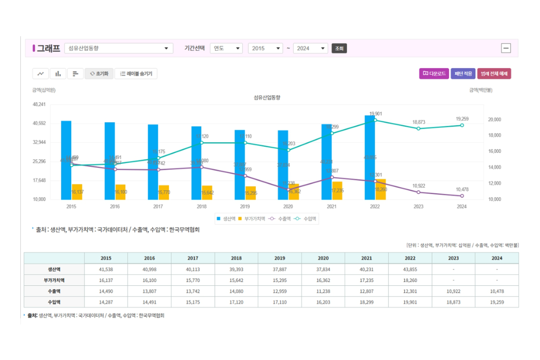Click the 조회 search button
pyautogui.click(x=339, y=48)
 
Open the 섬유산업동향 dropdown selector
pyautogui.click(x=119, y=48)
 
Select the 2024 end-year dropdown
pyautogui.click(x=311, y=48)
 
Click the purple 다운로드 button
pyautogui.click(x=434, y=74)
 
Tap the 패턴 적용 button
pyautogui.click(x=463, y=74)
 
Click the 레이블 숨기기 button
pyautogui.click(x=136, y=74)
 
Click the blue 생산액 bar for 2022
pyautogui.click(x=369, y=157)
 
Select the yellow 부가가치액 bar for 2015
pyautogui.click(x=77, y=192)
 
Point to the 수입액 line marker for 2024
pyautogui.click(x=462, y=125)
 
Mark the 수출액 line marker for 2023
pyautogui.click(x=418, y=192)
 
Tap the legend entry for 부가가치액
pyautogui.click(x=252, y=219)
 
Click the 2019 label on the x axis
pyautogui.click(x=245, y=207)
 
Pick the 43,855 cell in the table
pyautogui.click(x=410, y=269)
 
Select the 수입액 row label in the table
pyautogui.click(x=54, y=302)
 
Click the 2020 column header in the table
pyautogui.click(x=323, y=258)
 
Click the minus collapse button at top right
pyautogui.click(x=506, y=48)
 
